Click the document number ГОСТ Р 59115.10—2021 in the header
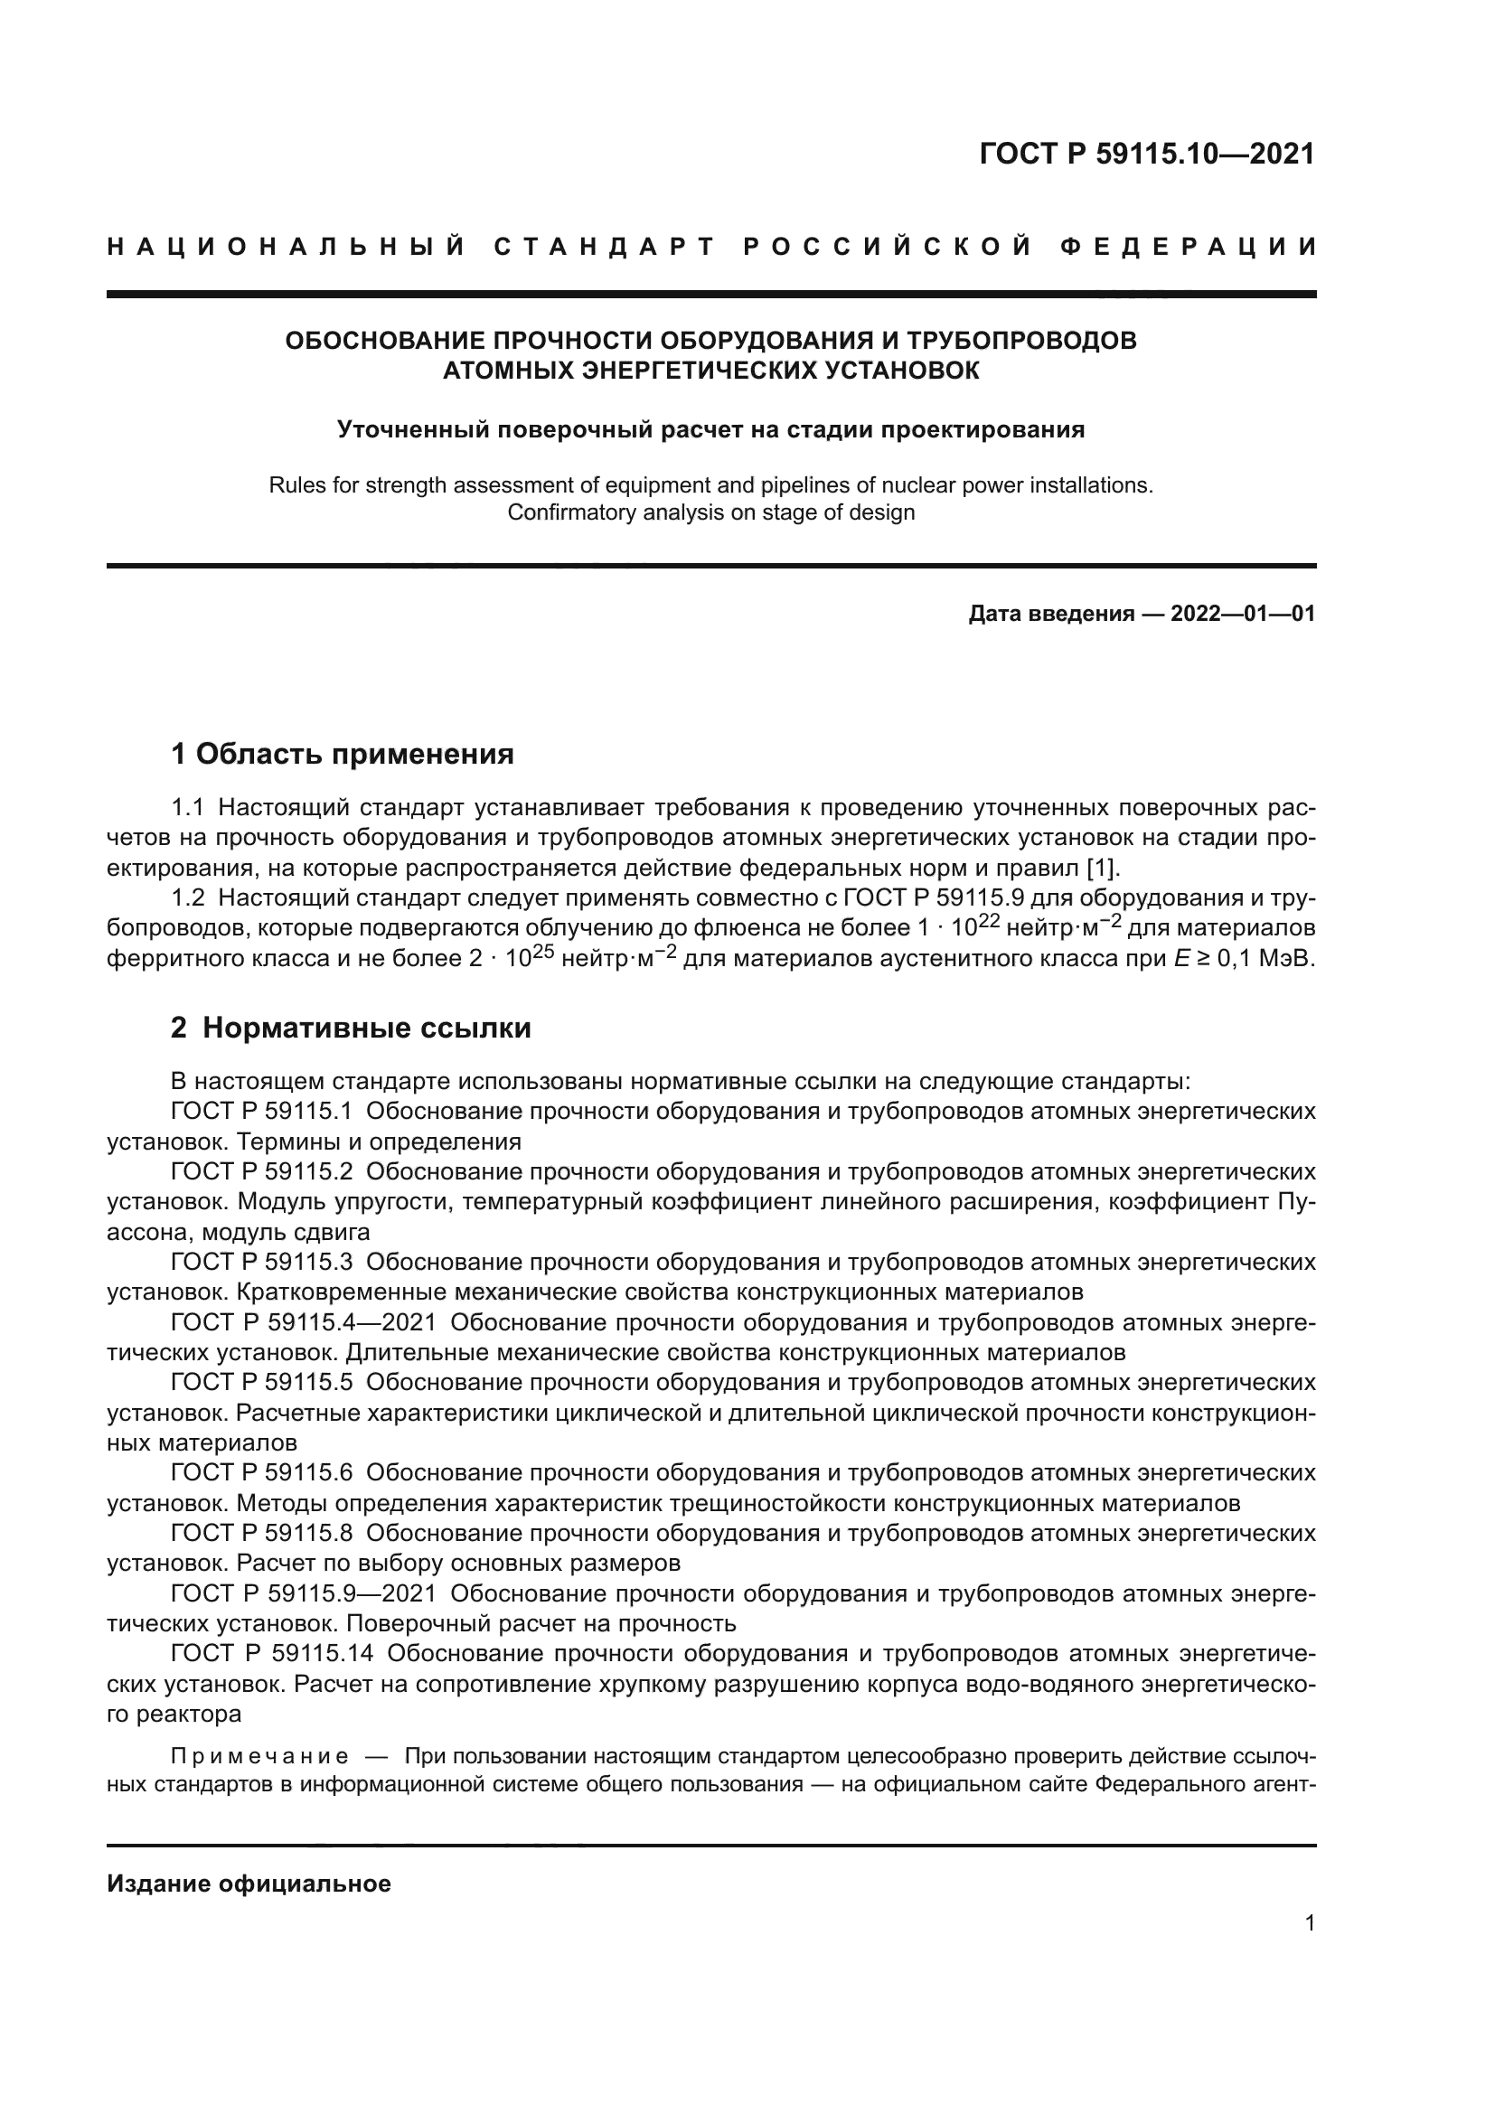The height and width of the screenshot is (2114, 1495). [x=1147, y=154]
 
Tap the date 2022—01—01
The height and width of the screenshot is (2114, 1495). [x=1243, y=614]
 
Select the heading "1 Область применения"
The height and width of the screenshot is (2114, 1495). [x=343, y=754]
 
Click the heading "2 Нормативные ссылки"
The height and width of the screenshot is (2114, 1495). [x=351, y=1028]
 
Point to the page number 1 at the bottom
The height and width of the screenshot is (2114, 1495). [x=1309, y=1922]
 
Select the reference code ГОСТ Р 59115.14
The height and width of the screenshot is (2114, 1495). [x=271, y=1654]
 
